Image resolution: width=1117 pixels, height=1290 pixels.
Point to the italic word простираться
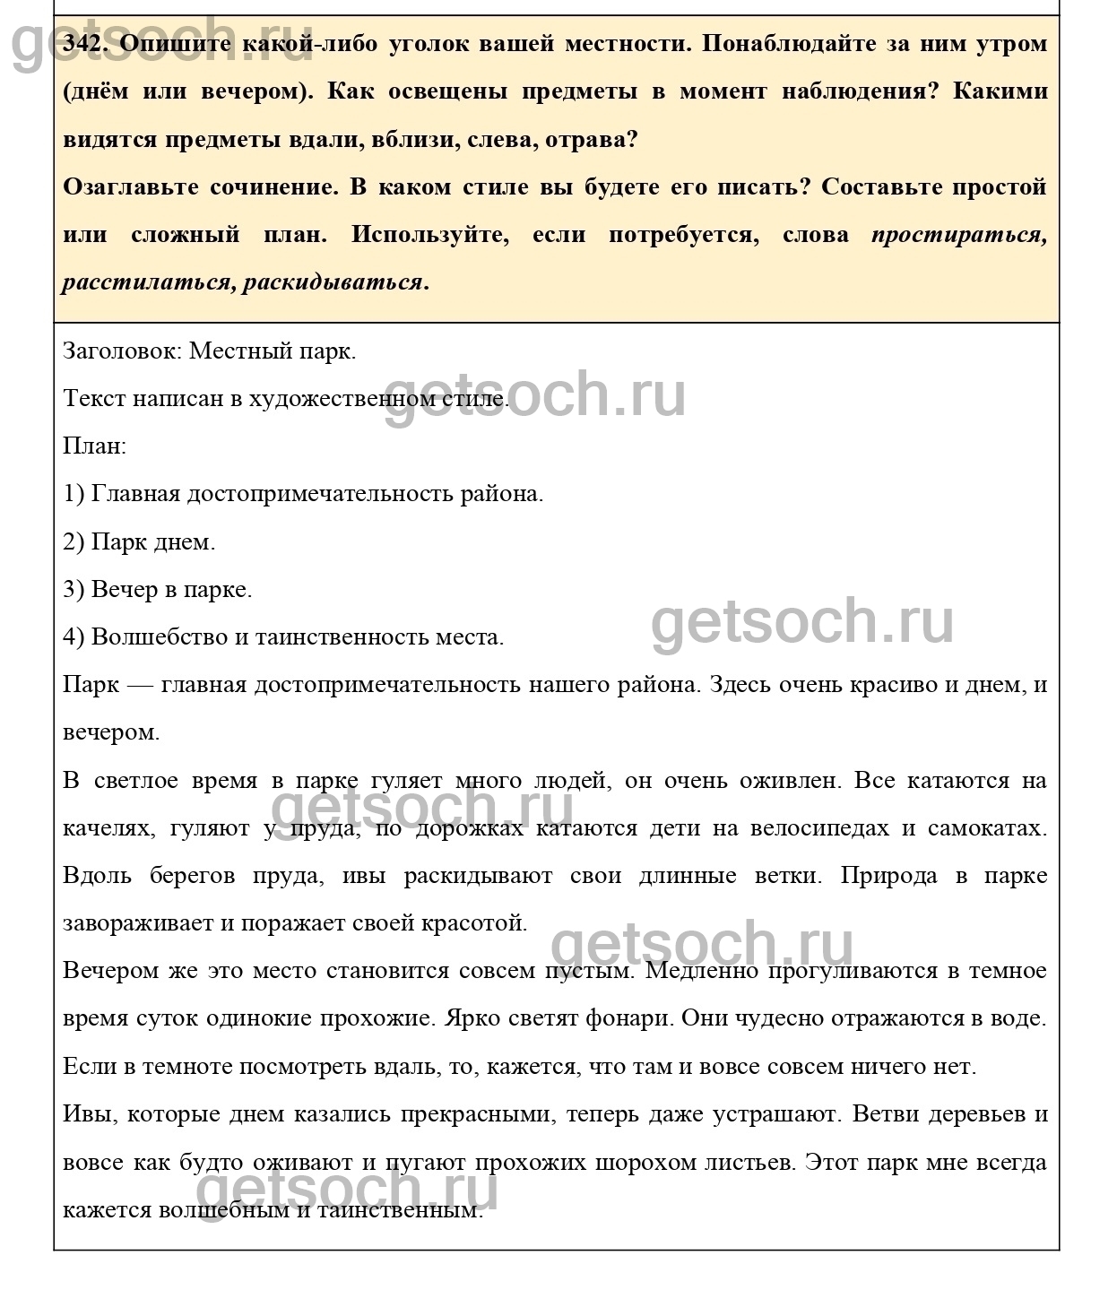(x=958, y=235)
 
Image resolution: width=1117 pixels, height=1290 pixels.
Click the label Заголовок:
(x=123, y=351)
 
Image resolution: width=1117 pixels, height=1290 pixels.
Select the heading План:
(x=95, y=446)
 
